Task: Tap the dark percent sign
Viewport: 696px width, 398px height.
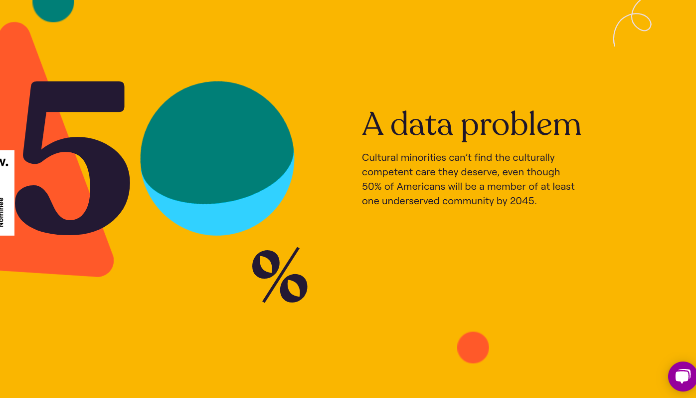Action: tap(280, 275)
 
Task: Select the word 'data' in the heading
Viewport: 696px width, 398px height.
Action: tap(421, 124)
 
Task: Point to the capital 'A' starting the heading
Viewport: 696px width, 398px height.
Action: tap(372, 124)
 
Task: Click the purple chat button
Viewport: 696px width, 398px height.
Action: tap(683, 377)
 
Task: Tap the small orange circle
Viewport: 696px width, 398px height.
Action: tap(473, 347)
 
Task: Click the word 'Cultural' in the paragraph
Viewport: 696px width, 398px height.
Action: tap(380, 157)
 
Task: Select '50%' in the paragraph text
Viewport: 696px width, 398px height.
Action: tap(371, 186)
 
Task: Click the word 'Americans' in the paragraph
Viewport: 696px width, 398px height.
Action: tap(421, 186)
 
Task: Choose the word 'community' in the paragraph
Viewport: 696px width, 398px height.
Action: tap(468, 201)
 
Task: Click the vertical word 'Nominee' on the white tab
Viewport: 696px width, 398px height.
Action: tap(1, 212)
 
